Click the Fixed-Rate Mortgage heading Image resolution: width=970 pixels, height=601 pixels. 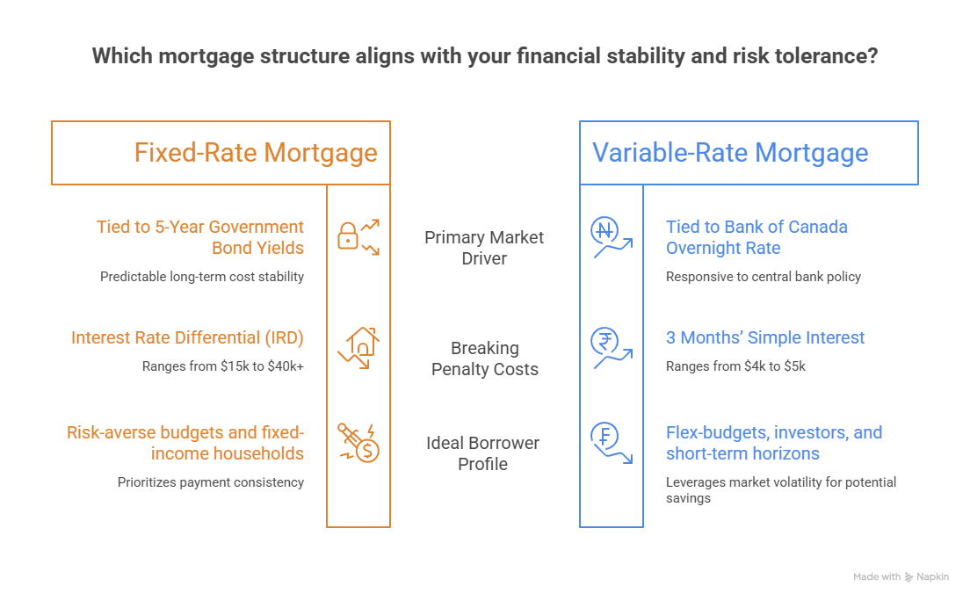(256, 153)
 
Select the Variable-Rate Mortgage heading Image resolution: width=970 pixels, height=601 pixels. (730, 153)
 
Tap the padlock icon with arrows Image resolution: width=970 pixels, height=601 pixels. (358, 237)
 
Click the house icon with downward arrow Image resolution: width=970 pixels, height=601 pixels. (358, 348)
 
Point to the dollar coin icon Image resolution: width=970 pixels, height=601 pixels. (358, 443)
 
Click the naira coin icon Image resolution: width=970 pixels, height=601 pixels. (612, 237)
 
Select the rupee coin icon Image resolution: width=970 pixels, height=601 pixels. (612, 348)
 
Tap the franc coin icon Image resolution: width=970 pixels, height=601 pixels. (612, 443)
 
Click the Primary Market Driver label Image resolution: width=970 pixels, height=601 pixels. (484, 248)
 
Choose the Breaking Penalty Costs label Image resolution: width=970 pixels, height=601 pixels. (484, 358)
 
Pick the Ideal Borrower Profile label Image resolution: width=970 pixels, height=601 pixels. (482, 453)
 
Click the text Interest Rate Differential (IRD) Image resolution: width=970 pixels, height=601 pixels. (187, 337)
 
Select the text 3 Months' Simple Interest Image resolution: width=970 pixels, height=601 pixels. (765, 337)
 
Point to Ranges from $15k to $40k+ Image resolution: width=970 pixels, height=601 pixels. (222, 366)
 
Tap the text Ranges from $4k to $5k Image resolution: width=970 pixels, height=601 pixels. (735, 366)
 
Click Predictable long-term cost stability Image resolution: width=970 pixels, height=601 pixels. (202, 277)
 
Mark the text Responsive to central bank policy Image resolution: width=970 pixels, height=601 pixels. (764, 277)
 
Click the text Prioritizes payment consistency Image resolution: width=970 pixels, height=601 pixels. (210, 482)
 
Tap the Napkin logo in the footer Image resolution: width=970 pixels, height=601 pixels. (927, 577)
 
